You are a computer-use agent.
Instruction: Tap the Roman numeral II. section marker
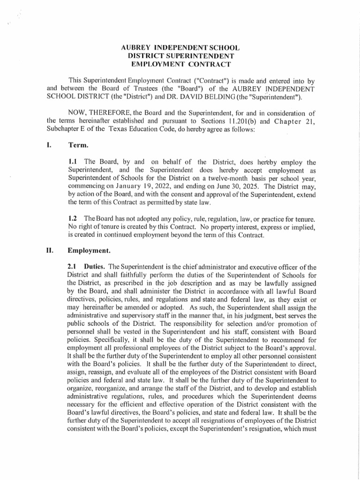51,250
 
